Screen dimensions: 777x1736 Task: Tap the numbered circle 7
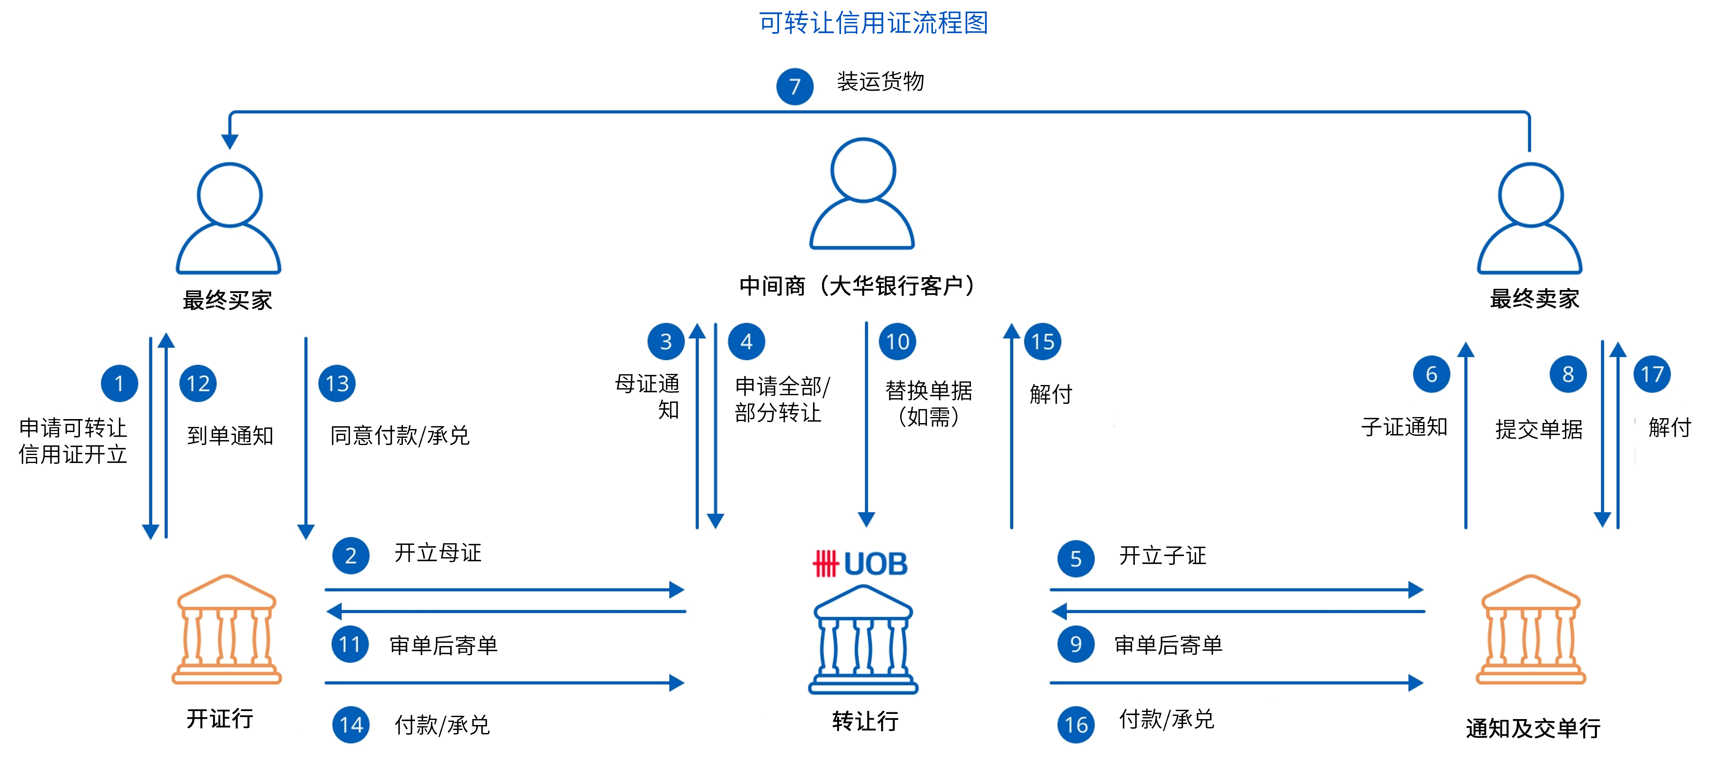795,86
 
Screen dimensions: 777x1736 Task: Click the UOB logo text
861,564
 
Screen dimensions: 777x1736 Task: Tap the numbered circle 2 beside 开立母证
351,555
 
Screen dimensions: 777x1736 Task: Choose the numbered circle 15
1042,342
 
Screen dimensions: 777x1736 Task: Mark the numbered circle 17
1652,374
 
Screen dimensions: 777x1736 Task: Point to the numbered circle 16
1076,725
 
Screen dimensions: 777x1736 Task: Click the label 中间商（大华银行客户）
857,286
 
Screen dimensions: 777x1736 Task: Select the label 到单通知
230,435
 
